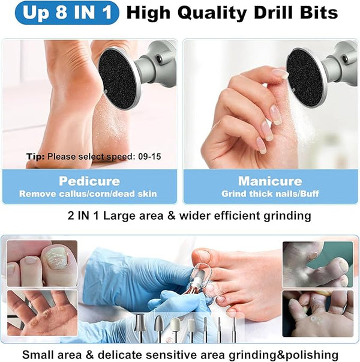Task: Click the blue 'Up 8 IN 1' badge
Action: (67, 13)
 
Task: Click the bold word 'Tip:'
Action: (35, 157)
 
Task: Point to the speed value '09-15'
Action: (149, 157)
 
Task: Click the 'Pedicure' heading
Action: (89, 181)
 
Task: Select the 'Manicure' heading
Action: (270, 181)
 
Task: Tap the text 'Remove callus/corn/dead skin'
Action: (88, 194)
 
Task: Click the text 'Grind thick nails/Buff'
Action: (270, 194)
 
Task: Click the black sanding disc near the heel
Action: (119, 79)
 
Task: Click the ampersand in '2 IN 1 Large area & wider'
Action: (172, 216)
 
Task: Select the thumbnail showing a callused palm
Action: (42, 313)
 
